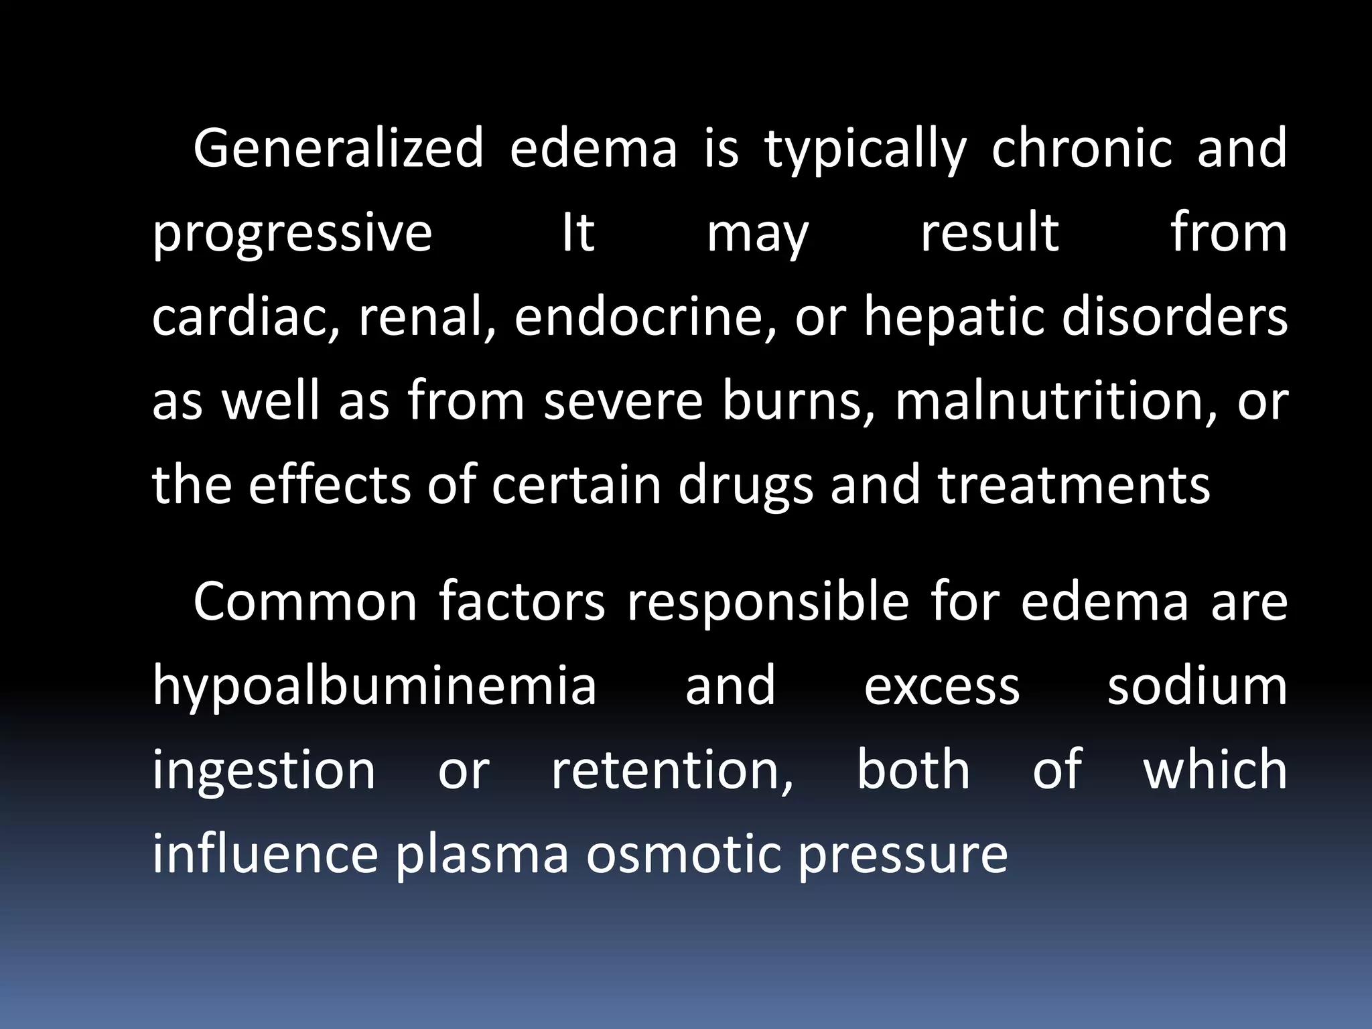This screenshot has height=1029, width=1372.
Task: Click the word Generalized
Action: tap(338, 149)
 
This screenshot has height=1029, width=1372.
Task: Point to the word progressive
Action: tap(292, 233)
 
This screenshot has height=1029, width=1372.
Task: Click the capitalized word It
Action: tap(578, 233)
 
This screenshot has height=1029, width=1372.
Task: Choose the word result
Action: tap(989, 233)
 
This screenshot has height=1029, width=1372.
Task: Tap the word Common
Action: tap(305, 602)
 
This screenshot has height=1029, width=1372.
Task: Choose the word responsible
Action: tap(768, 602)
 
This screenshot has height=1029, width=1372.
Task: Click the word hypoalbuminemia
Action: tap(374, 687)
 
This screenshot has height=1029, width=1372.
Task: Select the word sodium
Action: tap(1197, 687)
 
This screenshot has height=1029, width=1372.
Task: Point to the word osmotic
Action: tap(683, 855)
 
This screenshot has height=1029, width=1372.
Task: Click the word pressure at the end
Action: tap(903, 855)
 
